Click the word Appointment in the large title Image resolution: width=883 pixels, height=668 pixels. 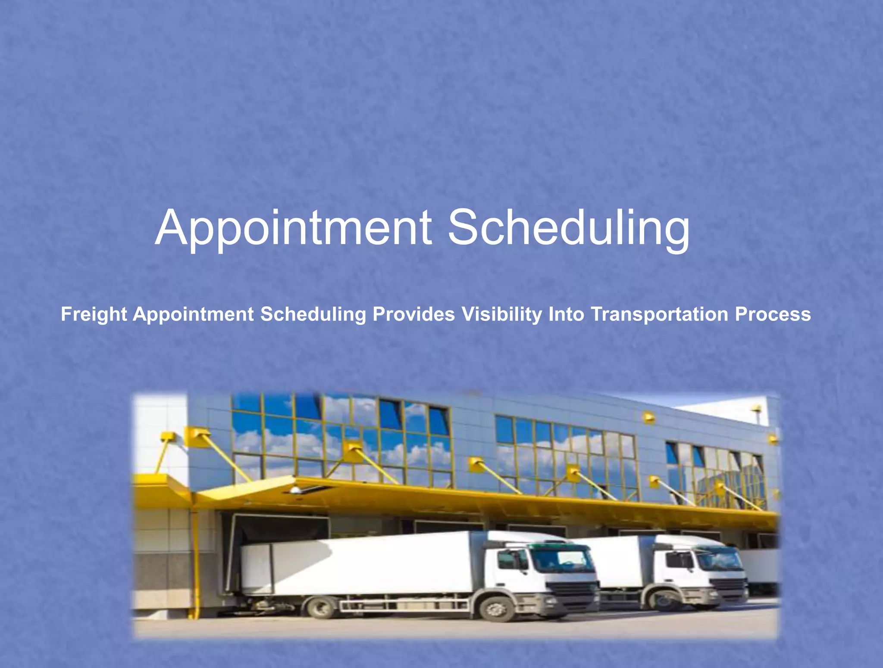click(x=293, y=227)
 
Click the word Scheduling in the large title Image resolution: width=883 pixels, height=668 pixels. click(x=568, y=227)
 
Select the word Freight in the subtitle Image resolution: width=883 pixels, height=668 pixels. click(x=94, y=314)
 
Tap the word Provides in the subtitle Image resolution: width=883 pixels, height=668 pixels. click(x=413, y=314)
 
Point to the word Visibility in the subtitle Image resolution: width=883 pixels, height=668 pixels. click(x=501, y=314)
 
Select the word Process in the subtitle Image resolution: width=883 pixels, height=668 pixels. click(x=773, y=314)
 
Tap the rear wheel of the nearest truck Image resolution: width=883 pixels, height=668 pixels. click(x=320, y=608)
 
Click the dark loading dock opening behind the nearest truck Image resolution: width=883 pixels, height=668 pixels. click(x=280, y=528)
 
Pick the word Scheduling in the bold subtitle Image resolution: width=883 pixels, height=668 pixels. click(x=313, y=314)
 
